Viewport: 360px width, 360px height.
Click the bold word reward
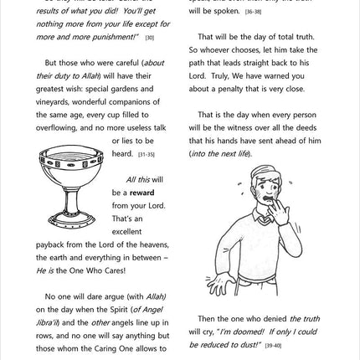click(142, 193)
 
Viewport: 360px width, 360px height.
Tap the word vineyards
click(53, 101)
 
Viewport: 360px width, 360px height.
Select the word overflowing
click(55, 128)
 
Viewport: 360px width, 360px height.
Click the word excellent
click(128, 231)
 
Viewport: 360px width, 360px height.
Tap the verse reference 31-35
click(146, 155)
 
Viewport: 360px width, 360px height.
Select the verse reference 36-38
click(252, 13)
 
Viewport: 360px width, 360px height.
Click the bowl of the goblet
click(70, 167)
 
